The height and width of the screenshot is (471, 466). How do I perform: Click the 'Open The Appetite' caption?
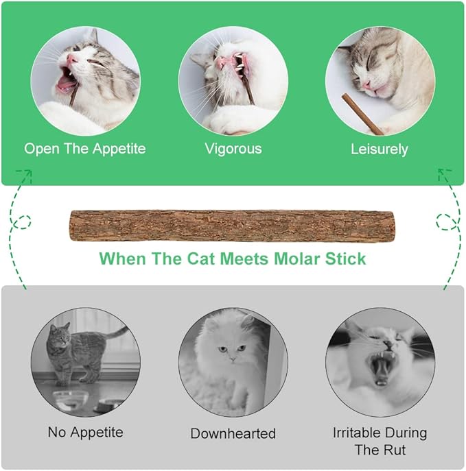coord(85,148)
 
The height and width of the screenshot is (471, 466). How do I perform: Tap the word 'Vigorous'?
coord(233,148)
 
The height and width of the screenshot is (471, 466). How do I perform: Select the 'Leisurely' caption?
coord(380,148)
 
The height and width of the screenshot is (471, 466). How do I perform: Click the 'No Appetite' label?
coord(85,432)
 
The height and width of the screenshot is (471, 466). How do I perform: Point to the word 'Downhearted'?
coord(233,433)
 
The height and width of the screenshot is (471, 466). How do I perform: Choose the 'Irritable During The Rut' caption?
coord(380,441)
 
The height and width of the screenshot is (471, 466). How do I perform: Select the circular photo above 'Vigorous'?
coord(233,80)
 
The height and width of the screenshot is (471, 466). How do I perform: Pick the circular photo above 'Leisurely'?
coord(380,80)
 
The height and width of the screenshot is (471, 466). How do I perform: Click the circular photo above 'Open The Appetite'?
coord(85,80)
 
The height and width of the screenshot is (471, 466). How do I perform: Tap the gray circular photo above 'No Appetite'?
coord(85,363)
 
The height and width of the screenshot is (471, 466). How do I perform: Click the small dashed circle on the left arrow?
coord(23,223)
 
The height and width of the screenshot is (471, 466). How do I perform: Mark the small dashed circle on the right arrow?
coord(444,221)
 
